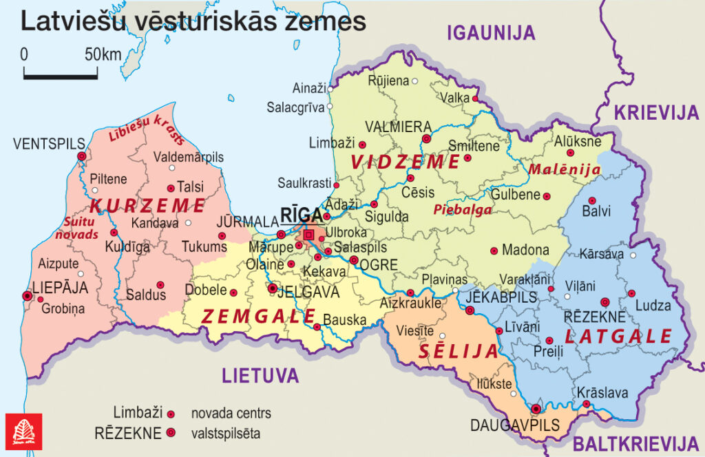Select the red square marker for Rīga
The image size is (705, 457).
[x=309, y=235]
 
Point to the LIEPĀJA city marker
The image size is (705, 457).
[x=28, y=296]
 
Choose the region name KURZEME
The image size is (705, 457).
[x=147, y=205]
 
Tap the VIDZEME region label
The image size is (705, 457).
[x=405, y=162]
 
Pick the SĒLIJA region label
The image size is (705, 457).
[x=458, y=352]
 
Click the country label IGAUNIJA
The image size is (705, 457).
[x=491, y=32]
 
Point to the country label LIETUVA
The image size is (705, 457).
[x=260, y=376]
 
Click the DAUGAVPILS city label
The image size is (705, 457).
[x=515, y=425]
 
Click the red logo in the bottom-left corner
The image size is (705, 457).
[x=23, y=432]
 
